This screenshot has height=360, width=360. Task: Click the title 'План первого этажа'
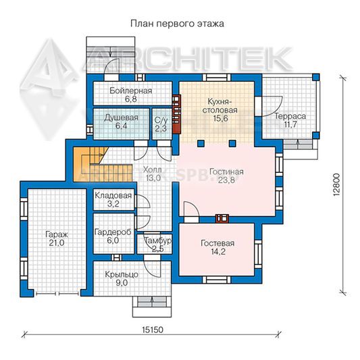tap(177, 24)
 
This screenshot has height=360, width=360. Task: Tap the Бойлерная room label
tap(130, 91)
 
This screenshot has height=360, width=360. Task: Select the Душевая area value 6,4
tap(121, 126)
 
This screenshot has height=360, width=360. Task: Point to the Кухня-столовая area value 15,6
tap(220, 119)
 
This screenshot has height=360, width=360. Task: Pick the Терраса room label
tap(290, 116)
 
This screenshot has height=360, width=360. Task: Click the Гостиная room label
tap(226, 172)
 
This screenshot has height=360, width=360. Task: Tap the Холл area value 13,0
tap(152, 178)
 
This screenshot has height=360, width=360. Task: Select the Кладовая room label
tap(113, 195)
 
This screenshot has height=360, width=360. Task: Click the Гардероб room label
tap(113, 232)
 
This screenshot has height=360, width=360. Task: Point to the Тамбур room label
tap(158, 240)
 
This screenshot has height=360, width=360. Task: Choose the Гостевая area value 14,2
tap(217, 251)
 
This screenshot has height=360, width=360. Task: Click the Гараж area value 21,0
tap(57, 243)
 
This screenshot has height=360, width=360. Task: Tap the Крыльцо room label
tap(122, 274)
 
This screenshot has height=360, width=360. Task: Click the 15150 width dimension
tap(152, 330)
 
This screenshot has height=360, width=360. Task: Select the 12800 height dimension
tap(336, 184)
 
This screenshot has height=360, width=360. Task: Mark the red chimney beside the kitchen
tap(176, 114)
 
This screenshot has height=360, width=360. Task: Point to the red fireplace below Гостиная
tap(222, 219)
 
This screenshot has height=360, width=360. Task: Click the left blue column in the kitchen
tap(201, 143)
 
